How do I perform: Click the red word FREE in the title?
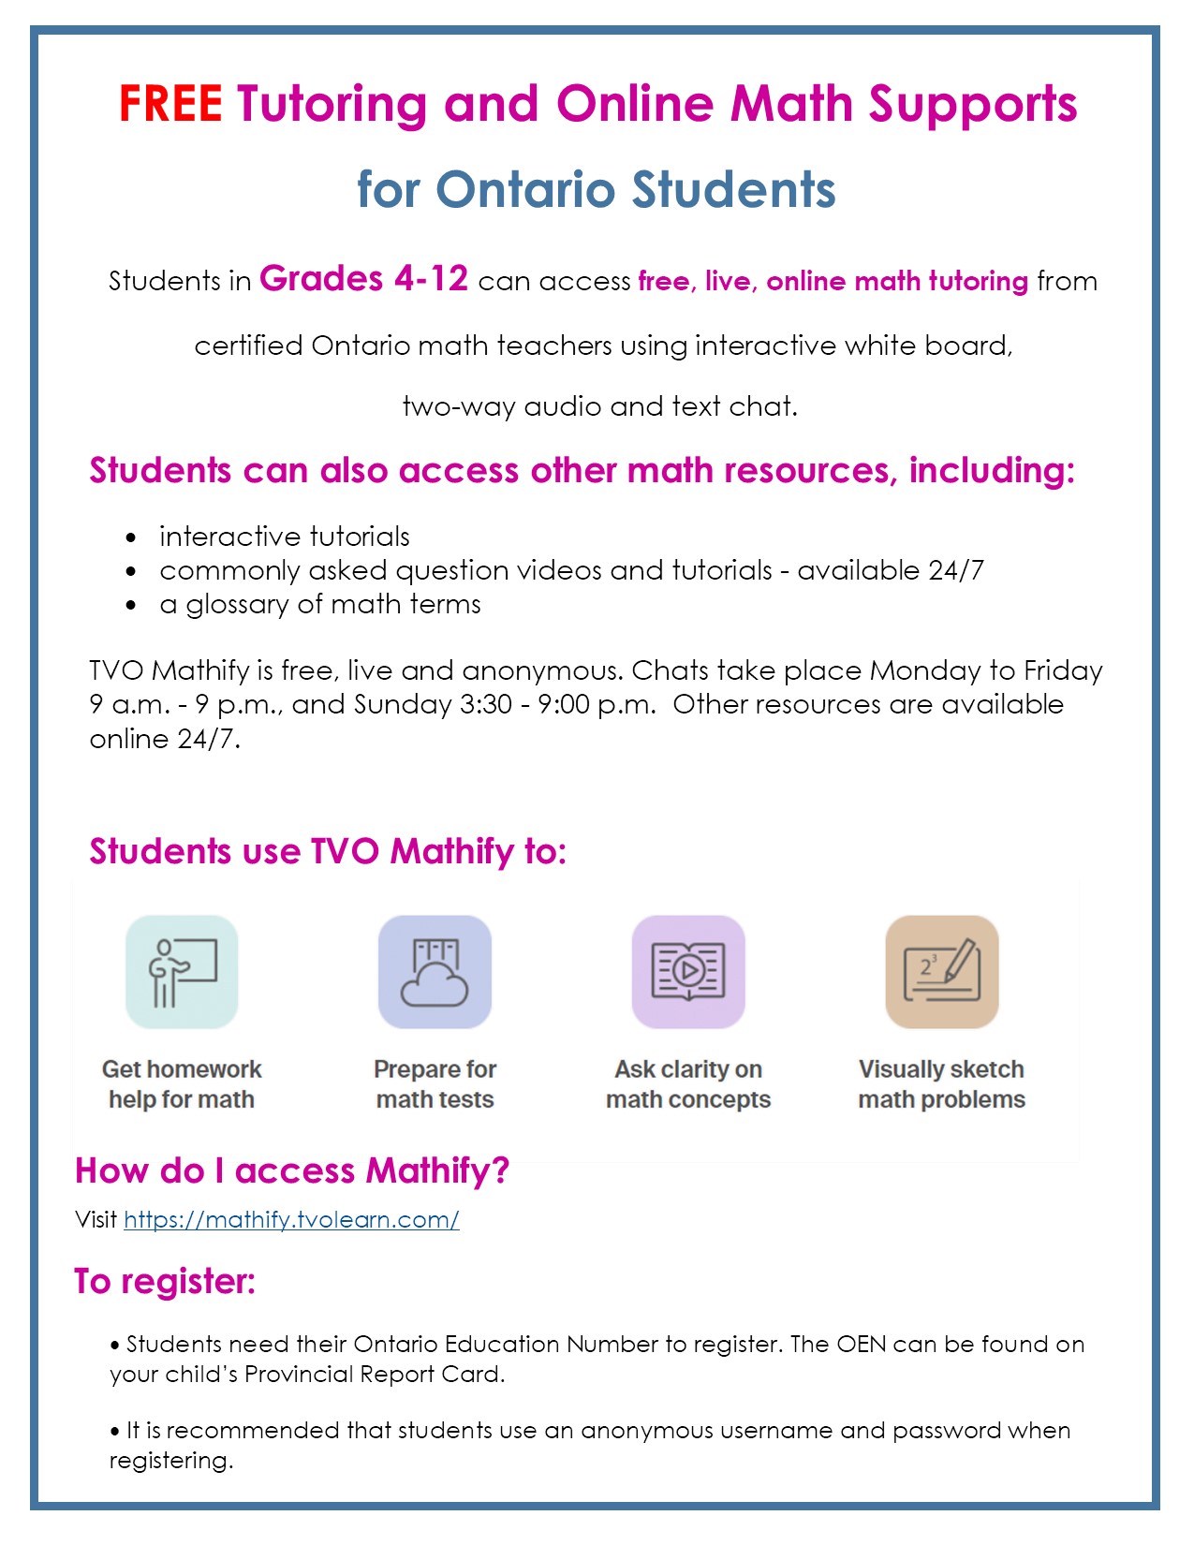(170, 104)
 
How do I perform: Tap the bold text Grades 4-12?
(363, 279)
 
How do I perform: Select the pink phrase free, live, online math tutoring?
(833, 281)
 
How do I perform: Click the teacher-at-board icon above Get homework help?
(182, 972)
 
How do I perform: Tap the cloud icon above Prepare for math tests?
(435, 972)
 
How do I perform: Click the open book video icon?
(688, 972)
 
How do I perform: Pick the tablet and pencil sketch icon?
(942, 972)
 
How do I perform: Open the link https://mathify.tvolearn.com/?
(291, 1219)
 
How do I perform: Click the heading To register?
(165, 1281)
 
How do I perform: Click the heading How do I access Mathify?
(292, 1170)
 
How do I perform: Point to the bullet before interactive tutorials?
(131, 537)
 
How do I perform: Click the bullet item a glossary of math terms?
(319, 604)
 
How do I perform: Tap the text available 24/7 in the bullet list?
(890, 570)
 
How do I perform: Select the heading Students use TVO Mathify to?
(328, 851)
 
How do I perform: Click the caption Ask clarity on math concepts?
(688, 1084)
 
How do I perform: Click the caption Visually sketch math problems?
(941, 1084)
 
